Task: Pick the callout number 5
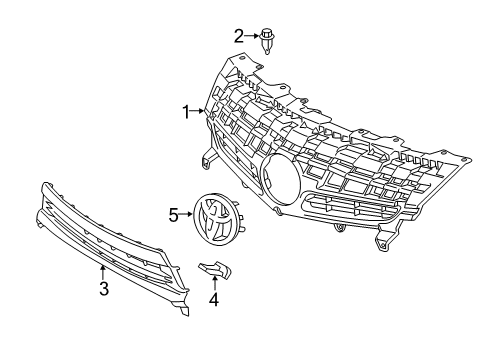coord(173,213)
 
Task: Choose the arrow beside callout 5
coord(185,213)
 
